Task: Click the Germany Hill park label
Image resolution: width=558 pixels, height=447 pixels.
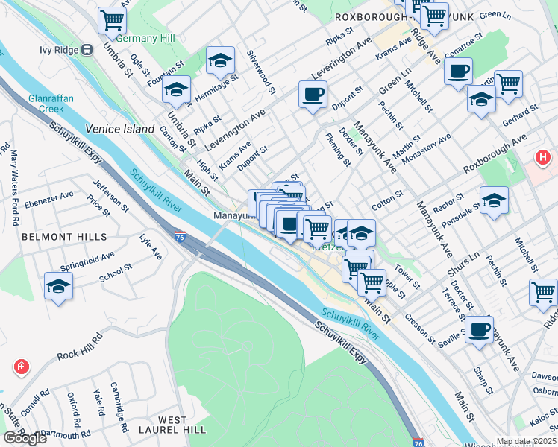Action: (145, 38)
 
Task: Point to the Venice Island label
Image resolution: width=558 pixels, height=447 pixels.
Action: (119, 128)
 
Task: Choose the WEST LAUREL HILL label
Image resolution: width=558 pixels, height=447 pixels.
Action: (163, 425)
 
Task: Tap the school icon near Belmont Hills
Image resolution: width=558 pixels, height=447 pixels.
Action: (58, 287)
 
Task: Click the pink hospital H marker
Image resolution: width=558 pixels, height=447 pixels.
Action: (544, 158)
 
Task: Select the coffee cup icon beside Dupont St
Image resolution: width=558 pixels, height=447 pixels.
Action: (313, 95)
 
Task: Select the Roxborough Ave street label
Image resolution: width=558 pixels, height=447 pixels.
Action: (495, 153)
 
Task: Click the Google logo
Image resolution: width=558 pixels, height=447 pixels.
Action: (25, 438)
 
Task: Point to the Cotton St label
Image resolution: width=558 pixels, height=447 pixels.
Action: (388, 199)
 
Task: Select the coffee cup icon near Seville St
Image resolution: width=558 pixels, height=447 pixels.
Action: (479, 329)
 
